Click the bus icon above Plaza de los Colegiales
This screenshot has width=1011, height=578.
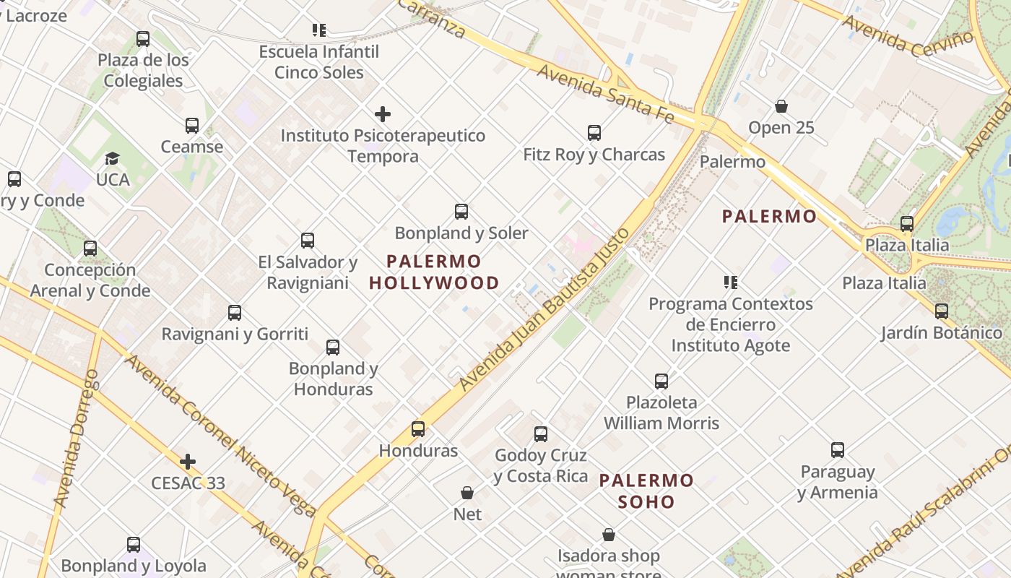pos(143,39)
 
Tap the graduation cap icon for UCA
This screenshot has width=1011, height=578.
pos(112,158)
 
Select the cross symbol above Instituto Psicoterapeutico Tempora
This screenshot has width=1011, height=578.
pos(383,114)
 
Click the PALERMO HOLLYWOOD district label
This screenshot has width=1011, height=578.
pos(434,272)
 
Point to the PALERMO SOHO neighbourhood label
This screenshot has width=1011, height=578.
pos(646,491)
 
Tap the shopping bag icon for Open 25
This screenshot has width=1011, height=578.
pos(781,107)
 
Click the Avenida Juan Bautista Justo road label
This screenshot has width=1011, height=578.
pos(545,309)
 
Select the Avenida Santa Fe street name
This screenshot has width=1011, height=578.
pos(605,94)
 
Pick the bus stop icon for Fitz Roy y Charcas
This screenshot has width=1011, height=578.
pos(594,133)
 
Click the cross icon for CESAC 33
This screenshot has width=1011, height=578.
pos(188,462)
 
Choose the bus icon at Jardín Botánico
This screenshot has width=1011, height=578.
pos(941,311)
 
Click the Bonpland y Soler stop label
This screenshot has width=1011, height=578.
pos(461,233)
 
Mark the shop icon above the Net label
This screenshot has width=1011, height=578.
pos(467,493)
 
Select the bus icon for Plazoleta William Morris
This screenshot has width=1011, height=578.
pos(661,381)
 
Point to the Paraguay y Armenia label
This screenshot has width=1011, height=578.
pos(838,482)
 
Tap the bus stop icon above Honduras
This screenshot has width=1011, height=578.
pos(417,429)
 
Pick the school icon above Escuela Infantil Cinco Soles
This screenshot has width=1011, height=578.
pos(319,30)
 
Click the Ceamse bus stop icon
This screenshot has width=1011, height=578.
pos(191,126)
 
